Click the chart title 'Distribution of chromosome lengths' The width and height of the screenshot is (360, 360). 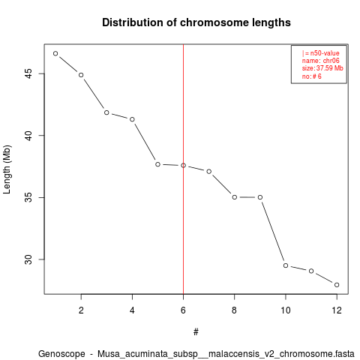point(196,22)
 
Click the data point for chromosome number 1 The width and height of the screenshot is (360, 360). point(55,53)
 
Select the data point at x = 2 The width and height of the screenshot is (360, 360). point(81,75)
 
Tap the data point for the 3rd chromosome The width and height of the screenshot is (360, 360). point(106,112)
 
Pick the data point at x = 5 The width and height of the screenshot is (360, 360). point(157,164)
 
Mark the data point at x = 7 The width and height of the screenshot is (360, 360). point(209,171)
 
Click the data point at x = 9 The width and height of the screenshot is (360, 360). point(260,197)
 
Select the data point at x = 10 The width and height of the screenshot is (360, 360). point(286,265)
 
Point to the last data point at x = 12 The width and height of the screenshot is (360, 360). point(337,285)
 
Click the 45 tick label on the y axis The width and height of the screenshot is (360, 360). point(29,73)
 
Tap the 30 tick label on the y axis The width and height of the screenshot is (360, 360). point(29,259)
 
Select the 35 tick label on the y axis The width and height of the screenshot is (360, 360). point(29,197)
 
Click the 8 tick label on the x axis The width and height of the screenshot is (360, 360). point(234,310)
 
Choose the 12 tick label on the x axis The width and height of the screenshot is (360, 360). point(337,310)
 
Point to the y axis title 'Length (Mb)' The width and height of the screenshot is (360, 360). point(7,169)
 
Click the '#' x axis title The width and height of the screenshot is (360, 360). point(196,332)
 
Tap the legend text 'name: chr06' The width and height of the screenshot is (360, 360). point(321,61)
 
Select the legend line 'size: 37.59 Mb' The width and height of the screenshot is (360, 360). point(322,68)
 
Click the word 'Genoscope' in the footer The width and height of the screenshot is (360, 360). point(61,354)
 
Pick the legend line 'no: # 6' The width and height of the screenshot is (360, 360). point(312,76)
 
